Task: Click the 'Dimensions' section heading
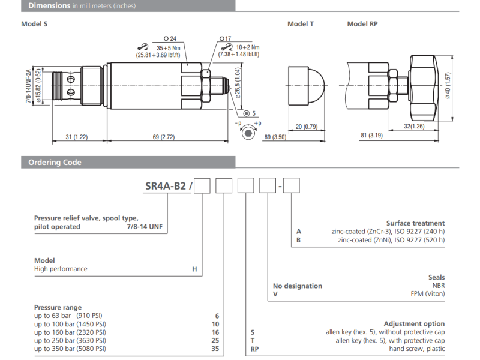point(46,6)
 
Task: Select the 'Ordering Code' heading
point(51,162)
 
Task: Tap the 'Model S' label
point(34,24)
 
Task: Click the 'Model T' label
point(300,24)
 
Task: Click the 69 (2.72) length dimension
point(163,137)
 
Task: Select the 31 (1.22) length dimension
point(76,137)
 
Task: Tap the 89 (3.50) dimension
point(275,137)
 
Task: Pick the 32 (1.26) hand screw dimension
point(415,127)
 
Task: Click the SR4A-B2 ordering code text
point(167,186)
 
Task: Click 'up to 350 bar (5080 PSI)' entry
point(70,348)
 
